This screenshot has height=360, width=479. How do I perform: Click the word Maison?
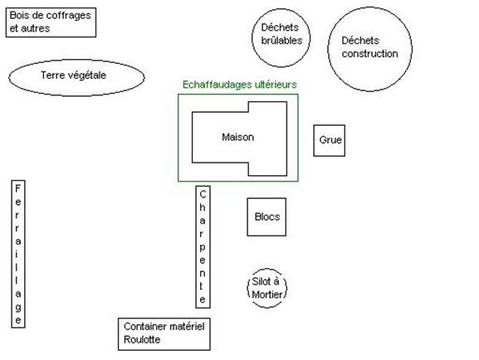[238, 137]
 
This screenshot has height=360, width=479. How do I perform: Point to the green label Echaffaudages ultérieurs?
[239, 85]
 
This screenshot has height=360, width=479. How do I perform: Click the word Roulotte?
[142, 339]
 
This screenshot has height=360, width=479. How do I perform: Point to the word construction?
[370, 54]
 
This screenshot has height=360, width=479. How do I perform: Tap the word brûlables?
[281, 41]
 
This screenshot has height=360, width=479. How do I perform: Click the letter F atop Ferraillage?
[17, 188]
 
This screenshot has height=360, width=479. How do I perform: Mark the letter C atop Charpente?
[203, 194]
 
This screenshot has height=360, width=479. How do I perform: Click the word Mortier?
[267, 294]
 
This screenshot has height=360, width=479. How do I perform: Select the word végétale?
[89, 75]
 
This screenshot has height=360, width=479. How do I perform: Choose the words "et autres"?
[30, 28]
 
